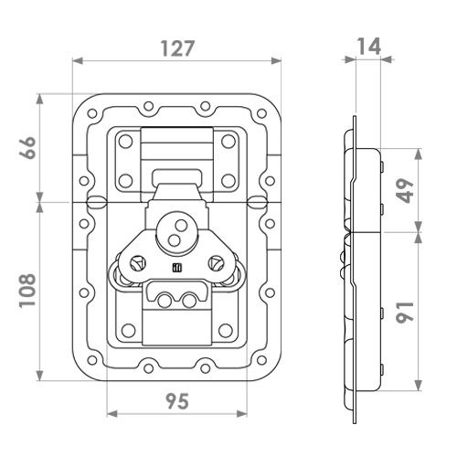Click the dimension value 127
[x=177, y=48]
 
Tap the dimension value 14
[x=368, y=47]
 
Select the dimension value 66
[x=27, y=148]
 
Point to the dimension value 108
[x=27, y=290]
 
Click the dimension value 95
[x=177, y=401]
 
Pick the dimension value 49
[x=405, y=191]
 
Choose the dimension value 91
[x=405, y=312]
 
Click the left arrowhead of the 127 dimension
[x=78, y=61]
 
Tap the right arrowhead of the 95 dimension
[x=242, y=414]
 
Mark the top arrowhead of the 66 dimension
[x=40, y=99]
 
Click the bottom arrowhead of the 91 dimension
[x=419, y=386]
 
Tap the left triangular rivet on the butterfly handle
[x=138, y=263]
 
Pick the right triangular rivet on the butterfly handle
[x=217, y=263]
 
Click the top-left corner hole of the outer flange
[x=91, y=113]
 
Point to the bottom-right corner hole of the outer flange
[x=261, y=360]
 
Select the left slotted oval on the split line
[x=97, y=202]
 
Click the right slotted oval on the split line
[x=258, y=202]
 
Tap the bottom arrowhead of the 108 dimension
[x=40, y=376]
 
